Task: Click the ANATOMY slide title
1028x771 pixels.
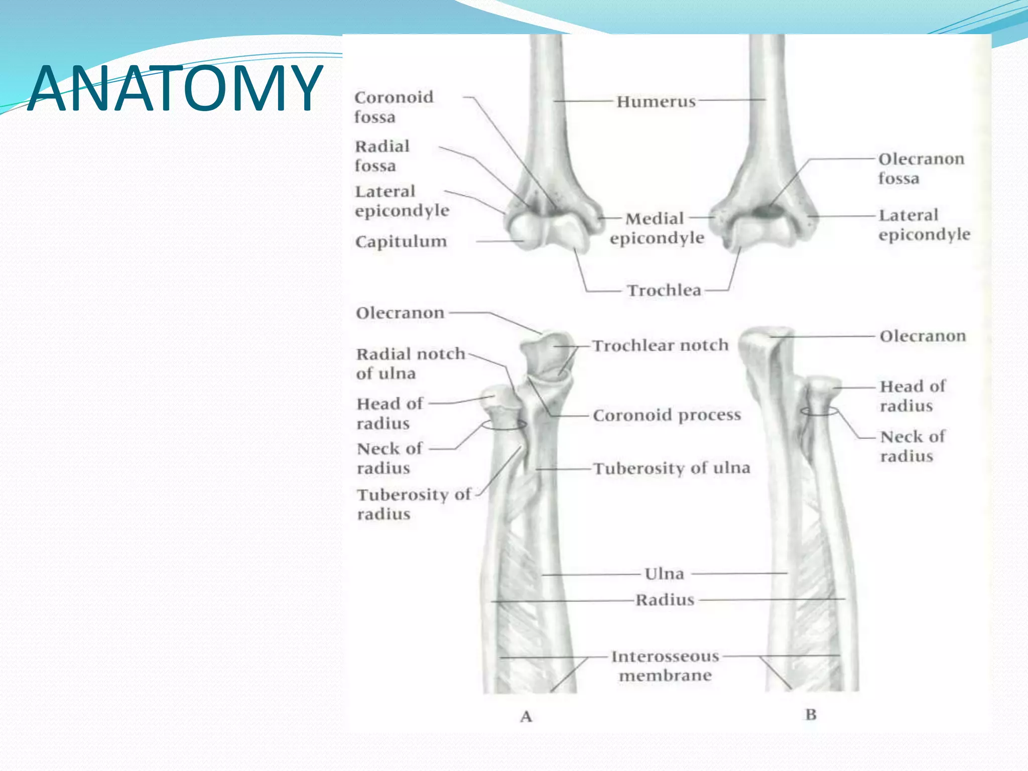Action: pos(175,88)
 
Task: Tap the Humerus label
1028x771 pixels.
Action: pos(656,101)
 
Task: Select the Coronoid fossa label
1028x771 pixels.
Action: pos(394,107)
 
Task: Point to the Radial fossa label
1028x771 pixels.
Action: pos(382,156)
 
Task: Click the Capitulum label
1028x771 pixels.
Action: pos(401,241)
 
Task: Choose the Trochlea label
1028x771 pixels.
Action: pos(664,290)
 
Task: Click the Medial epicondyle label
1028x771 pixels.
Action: pos(657,228)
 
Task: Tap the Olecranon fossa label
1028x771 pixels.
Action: pos(921,169)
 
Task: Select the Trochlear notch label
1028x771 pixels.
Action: pos(660,345)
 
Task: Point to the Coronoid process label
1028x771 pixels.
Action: pos(667,415)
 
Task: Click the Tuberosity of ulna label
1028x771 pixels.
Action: pos(672,468)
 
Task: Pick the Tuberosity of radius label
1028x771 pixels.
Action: pos(414,504)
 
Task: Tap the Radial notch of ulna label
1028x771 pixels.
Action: pos(411,363)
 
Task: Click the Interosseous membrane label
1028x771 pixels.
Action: pos(665,666)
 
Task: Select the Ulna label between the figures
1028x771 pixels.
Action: pos(664,574)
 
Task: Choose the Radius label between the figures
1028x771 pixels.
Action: pos(665,600)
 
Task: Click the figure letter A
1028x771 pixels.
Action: pos(526,716)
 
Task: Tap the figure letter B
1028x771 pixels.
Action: pos(811,714)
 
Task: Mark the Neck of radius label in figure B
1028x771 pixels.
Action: pos(913,446)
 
